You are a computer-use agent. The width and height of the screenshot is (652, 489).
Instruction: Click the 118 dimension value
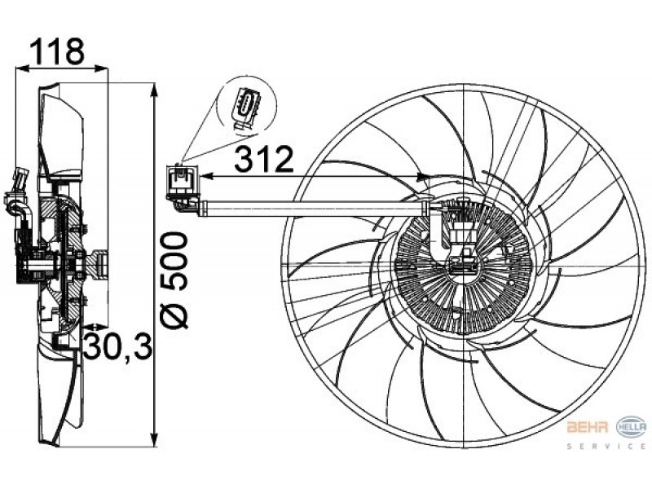point(57,51)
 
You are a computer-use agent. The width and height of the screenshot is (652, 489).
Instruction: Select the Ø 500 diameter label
point(174,280)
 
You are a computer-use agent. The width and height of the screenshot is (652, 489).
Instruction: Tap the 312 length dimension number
point(264,159)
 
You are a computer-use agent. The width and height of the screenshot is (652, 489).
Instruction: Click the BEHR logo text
point(588,427)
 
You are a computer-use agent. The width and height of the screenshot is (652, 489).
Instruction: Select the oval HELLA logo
point(631,426)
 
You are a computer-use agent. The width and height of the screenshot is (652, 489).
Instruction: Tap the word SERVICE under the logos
point(606,446)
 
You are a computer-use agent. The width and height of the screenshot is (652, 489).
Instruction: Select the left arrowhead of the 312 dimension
point(207,177)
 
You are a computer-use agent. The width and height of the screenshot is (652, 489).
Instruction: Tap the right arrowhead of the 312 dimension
point(422,177)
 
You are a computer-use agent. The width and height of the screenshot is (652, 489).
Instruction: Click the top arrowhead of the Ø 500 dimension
point(154,90)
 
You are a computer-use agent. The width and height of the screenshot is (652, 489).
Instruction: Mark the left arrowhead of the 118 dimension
point(22,68)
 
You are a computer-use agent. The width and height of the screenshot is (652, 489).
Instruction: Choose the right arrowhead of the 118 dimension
point(101,68)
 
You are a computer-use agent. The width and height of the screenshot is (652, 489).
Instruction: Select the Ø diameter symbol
point(174,313)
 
